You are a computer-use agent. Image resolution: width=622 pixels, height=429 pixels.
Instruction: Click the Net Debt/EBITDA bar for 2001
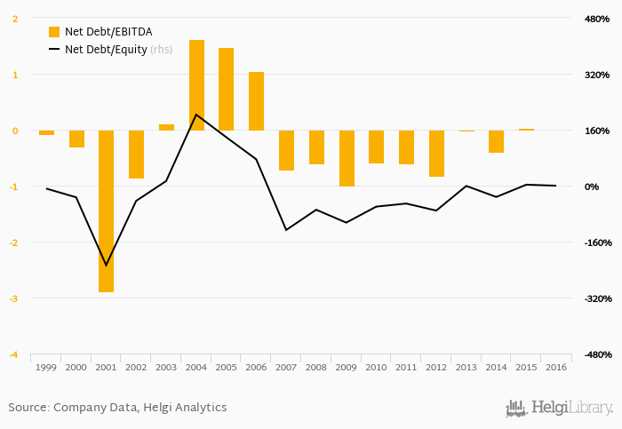pos(107,211)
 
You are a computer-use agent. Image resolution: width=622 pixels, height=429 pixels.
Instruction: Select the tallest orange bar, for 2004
pos(196,85)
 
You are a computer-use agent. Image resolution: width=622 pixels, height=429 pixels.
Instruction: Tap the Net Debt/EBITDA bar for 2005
pos(227,89)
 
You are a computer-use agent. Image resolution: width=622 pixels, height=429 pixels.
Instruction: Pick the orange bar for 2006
pos(256,101)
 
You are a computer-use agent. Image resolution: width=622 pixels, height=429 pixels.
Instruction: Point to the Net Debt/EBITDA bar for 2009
pos(347,158)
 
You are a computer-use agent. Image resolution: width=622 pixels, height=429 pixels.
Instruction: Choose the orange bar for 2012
pos(436,154)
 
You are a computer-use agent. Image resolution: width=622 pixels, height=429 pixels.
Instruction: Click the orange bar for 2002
pos(137,155)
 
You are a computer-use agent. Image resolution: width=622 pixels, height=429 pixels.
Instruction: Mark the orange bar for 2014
pos(496,141)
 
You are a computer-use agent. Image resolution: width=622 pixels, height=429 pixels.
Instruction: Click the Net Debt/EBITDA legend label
pos(108,32)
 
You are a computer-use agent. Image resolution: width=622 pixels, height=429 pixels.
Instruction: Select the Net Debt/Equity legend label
pos(106,50)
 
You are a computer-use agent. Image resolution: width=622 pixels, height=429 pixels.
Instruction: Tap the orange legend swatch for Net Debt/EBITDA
pos(54,32)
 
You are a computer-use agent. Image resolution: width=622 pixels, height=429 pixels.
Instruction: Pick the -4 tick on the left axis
pos(15,354)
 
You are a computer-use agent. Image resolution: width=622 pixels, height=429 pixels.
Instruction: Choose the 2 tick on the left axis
pos(15,19)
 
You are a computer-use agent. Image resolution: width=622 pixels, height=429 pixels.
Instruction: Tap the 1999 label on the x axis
pos(46,367)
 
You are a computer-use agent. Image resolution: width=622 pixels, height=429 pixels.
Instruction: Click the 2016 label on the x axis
pos(556,367)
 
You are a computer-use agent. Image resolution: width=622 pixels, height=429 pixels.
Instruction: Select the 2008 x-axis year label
pos(316,367)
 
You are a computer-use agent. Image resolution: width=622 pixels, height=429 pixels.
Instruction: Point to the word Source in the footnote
pos(28,408)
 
